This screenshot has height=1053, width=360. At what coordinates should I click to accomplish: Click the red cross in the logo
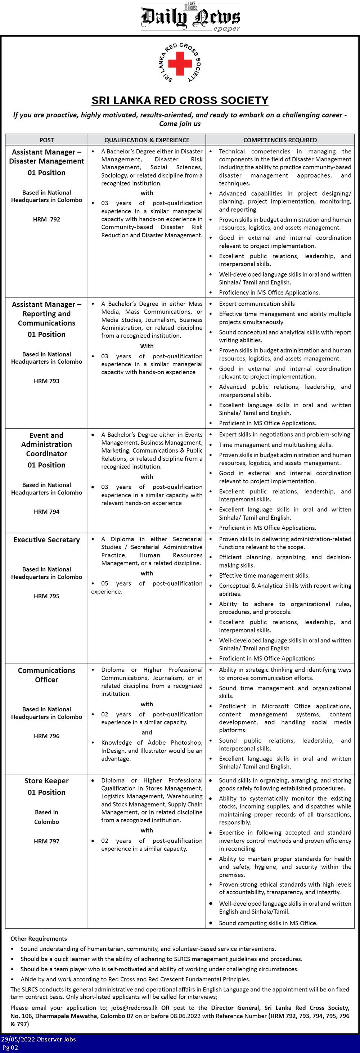[x=180, y=63]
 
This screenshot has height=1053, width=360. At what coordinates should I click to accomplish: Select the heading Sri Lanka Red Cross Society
[x=180, y=100]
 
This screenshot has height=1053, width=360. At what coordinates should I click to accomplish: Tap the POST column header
[x=46, y=140]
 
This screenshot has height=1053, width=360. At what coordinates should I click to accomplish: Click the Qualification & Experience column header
[x=147, y=140]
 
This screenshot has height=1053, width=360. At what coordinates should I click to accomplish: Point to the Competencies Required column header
[x=280, y=140]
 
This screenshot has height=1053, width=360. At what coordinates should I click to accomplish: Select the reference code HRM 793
[x=46, y=381]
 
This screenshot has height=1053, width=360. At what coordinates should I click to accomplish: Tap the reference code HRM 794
[x=46, y=512]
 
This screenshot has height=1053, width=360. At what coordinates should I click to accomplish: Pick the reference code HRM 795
[x=46, y=596]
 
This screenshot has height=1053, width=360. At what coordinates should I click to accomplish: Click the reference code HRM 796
[x=46, y=736]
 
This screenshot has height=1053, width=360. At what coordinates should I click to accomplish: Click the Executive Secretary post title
[x=46, y=540]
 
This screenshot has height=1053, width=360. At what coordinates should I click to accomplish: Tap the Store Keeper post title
[x=46, y=781]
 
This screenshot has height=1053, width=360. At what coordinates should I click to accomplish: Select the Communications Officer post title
[x=46, y=675]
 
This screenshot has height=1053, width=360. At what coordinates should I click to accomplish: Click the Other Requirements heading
[x=39, y=938]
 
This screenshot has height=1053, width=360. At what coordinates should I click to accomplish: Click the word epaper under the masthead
[x=226, y=29]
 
